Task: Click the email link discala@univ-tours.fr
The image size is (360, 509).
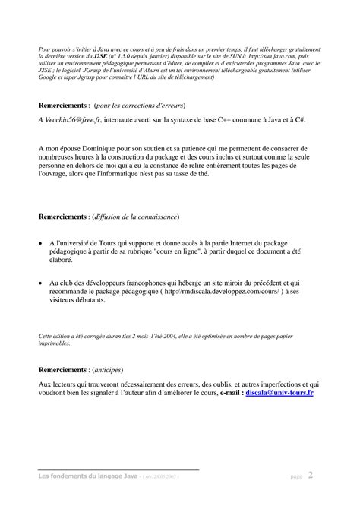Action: pyautogui.click(x=281, y=394)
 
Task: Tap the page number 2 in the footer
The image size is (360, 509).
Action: pyautogui.click(x=310, y=476)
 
